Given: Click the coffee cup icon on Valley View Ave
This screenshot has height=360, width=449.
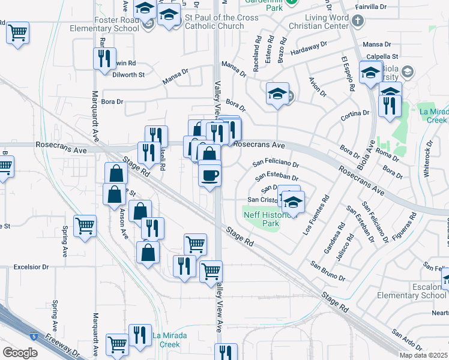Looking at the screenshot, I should pyautogui.click(x=209, y=175).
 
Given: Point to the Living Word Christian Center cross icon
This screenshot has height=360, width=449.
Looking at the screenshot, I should pyautogui.click(x=358, y=22).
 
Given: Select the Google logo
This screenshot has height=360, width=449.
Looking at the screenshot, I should pyautogui.click(x=20, y=352).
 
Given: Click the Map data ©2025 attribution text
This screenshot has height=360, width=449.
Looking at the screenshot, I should pyautogui.click(x=423, y=355).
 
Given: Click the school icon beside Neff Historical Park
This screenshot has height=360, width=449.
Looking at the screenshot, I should pyautogui.click(x=292, y=202).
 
